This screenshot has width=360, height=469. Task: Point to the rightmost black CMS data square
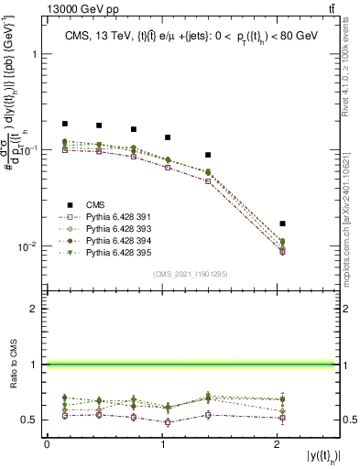click(282, 224)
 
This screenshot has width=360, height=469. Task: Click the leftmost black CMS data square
click(65, 123)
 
